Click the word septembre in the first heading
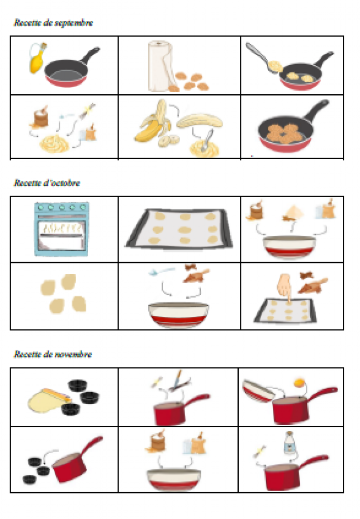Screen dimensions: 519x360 point(75,22)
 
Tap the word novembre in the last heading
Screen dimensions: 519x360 point(74,354)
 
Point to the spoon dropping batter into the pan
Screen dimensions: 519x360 point(264,58)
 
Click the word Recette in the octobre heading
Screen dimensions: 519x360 point(27,183)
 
